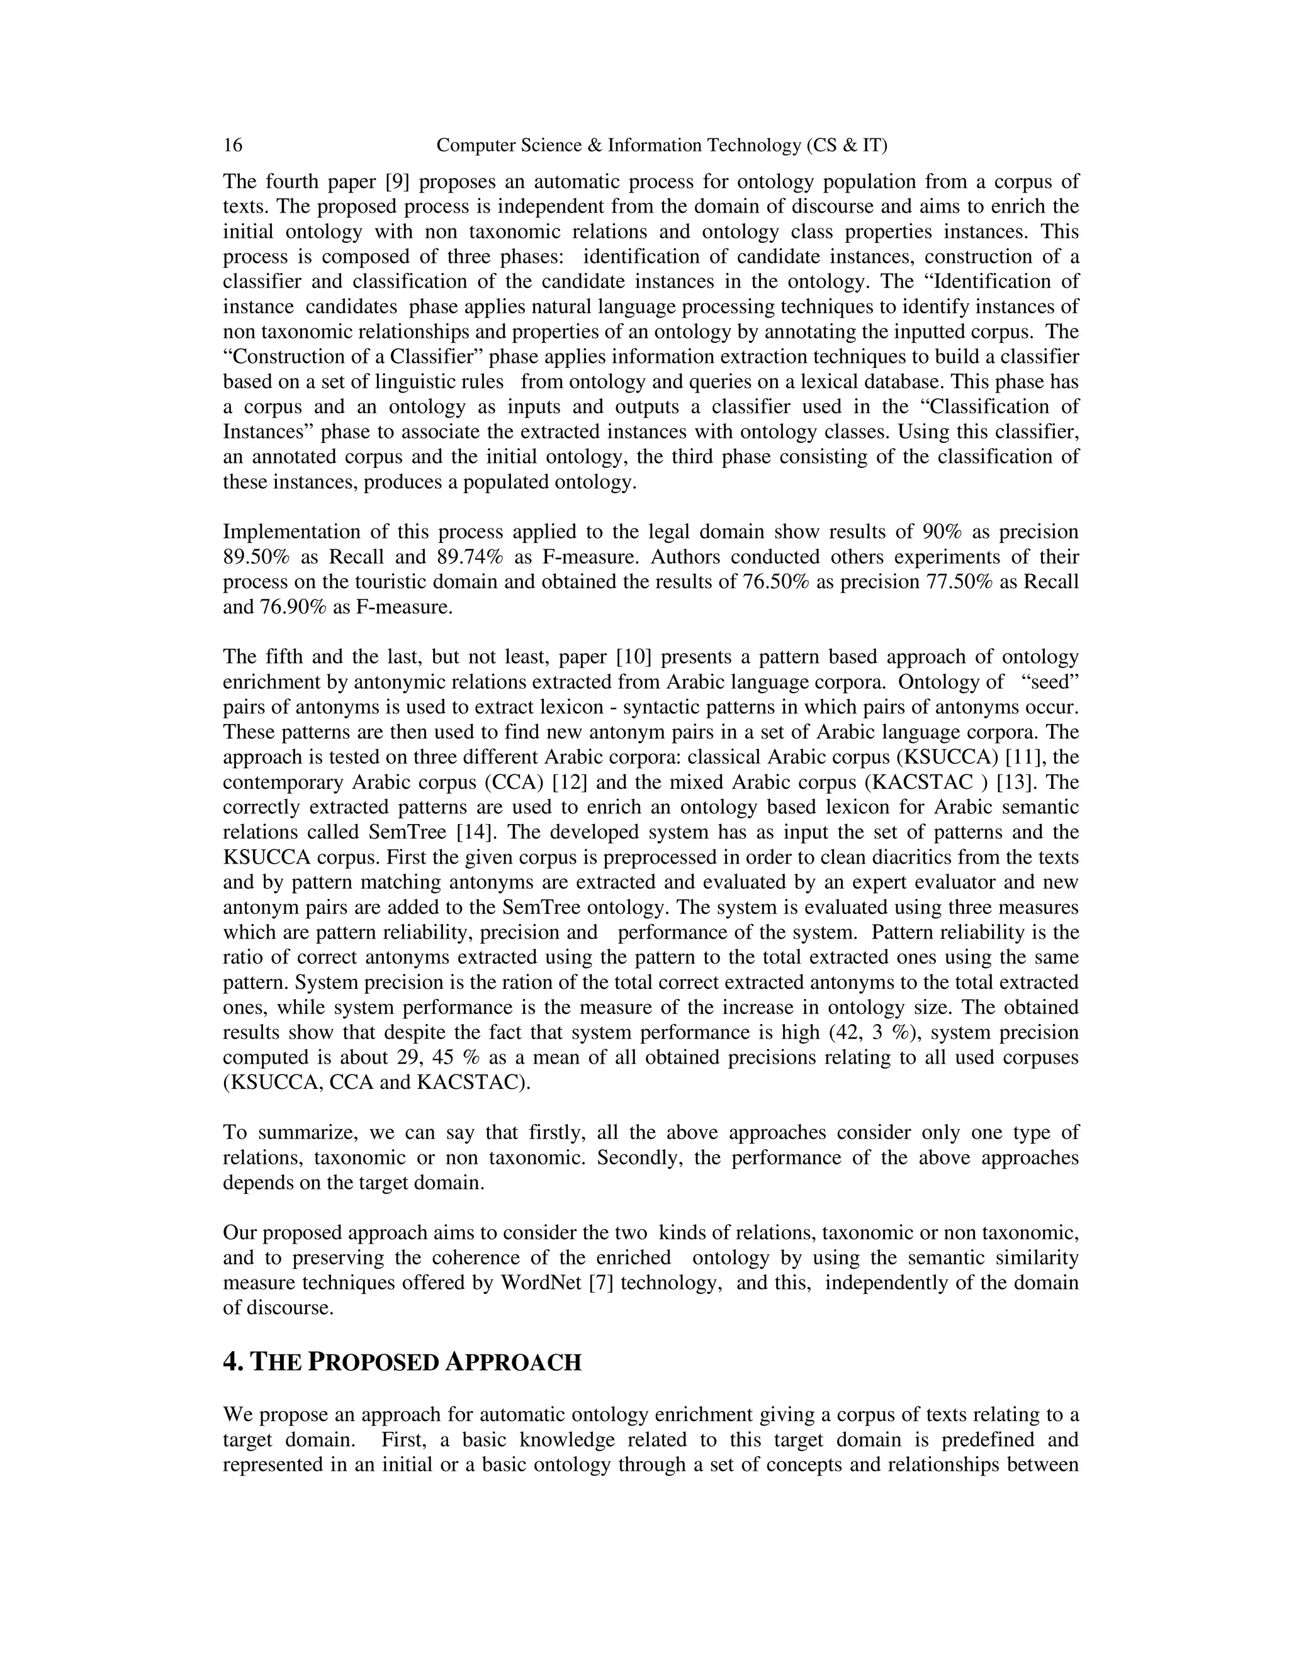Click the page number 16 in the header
pyautogui.click(x=232, y=145)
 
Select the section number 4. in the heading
pyautogui.click(x=233, y=1363)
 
